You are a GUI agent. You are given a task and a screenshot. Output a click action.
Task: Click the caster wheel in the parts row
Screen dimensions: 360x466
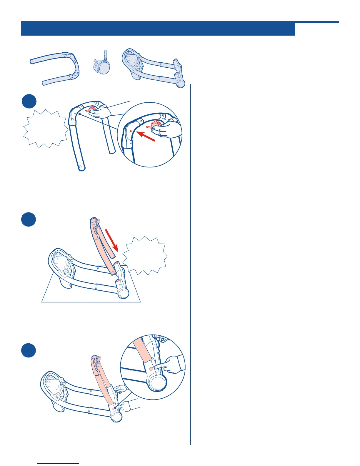tap(101, 67)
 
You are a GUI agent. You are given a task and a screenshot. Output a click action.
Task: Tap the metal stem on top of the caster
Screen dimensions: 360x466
tap(105, 55)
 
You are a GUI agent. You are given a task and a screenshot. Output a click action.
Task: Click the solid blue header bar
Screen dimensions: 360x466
tap(158, 29)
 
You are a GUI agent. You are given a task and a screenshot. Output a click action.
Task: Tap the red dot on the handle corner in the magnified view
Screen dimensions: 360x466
tap(131, 130)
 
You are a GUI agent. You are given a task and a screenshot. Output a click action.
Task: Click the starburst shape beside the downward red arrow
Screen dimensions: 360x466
tap(145, 255)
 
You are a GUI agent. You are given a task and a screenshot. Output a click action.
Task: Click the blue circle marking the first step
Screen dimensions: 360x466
tap(29, 101)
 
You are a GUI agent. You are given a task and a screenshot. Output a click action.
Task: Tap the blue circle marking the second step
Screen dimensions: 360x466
tap(29, 220)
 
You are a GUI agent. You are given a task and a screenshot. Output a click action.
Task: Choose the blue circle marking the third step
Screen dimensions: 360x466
tap(29, 350)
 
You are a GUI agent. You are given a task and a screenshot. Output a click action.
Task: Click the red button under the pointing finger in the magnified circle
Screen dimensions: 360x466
tap(151, 369)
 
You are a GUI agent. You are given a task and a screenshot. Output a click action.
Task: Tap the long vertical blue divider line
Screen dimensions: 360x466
tap(191, 265)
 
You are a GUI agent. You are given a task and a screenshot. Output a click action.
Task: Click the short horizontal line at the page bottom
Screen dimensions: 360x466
tap(58, 463)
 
